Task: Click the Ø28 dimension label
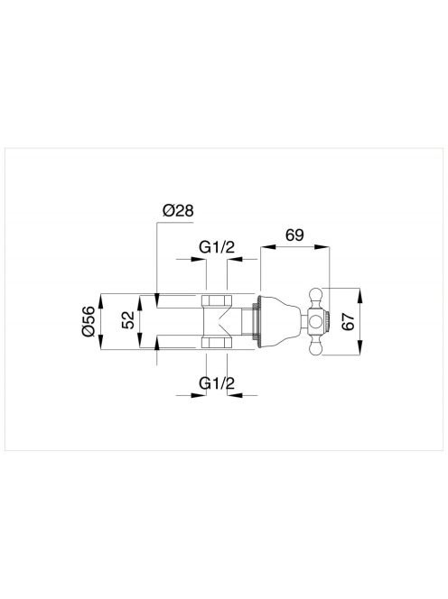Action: point(178,210)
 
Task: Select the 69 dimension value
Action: point(294,235)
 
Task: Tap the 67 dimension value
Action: point(348,322)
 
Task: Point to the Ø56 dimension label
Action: point(88,321)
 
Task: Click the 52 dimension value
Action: point(128,320)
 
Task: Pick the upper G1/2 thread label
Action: point(217,247)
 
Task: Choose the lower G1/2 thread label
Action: point(217,382)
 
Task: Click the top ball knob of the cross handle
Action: point(316,295)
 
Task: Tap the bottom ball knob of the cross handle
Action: point(316,348)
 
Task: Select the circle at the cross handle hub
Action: point(316,322)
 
